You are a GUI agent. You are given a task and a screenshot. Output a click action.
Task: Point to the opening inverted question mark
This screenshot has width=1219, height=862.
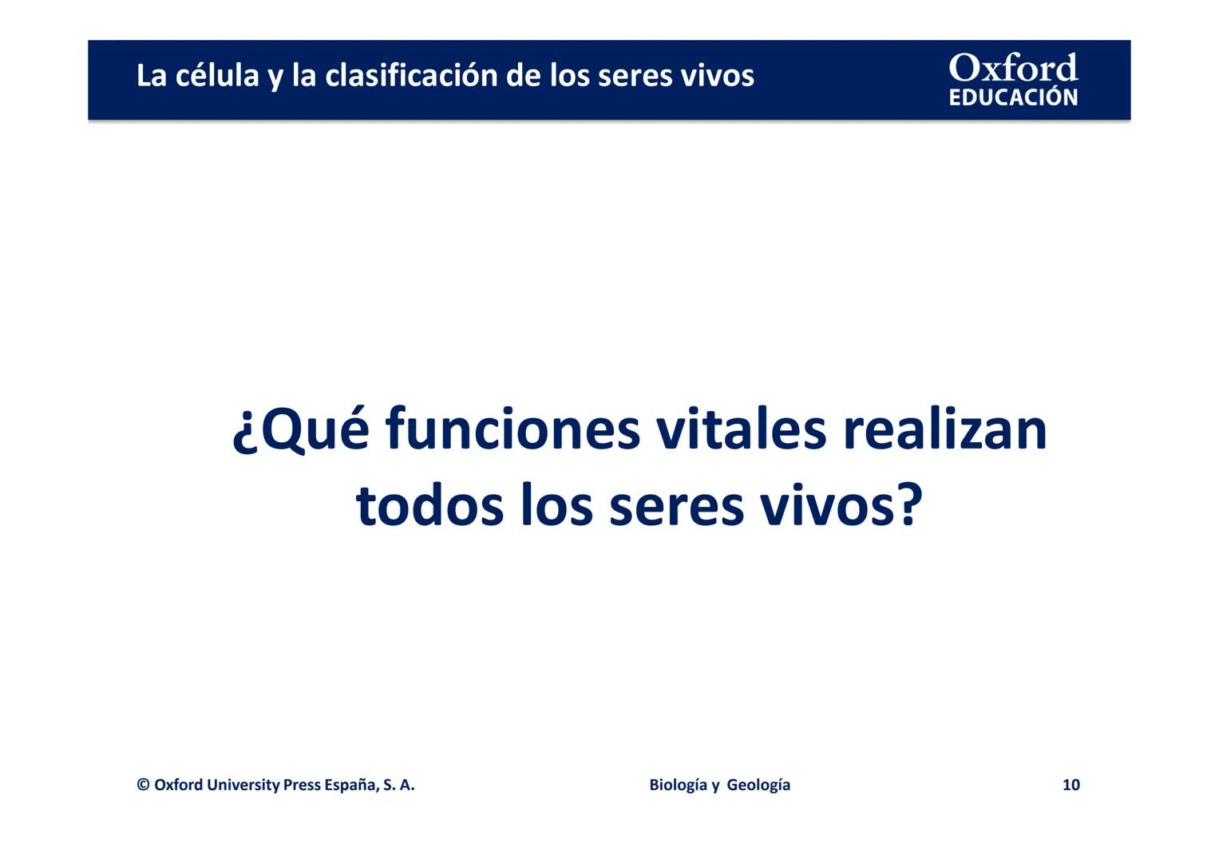tap(243, 433)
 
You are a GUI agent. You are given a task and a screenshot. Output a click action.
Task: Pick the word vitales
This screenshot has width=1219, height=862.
tap(740, 429)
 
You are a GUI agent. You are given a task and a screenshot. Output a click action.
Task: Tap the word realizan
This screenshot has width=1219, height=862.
tap(944, 429)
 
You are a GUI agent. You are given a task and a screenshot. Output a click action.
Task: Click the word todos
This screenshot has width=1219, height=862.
tap(429, 506)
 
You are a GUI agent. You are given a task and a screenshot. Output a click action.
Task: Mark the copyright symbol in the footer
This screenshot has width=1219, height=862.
tap(143, 785)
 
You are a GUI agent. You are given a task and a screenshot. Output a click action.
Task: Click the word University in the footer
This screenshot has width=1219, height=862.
tap(243, 785)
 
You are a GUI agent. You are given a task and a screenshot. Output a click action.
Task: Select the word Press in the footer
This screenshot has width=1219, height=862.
tap(302, 785)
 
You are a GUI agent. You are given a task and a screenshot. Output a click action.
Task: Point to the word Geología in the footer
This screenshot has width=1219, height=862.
tap(758, 785)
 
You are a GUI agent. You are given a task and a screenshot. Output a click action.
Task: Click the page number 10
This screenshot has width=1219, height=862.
tap(1071, 785)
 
